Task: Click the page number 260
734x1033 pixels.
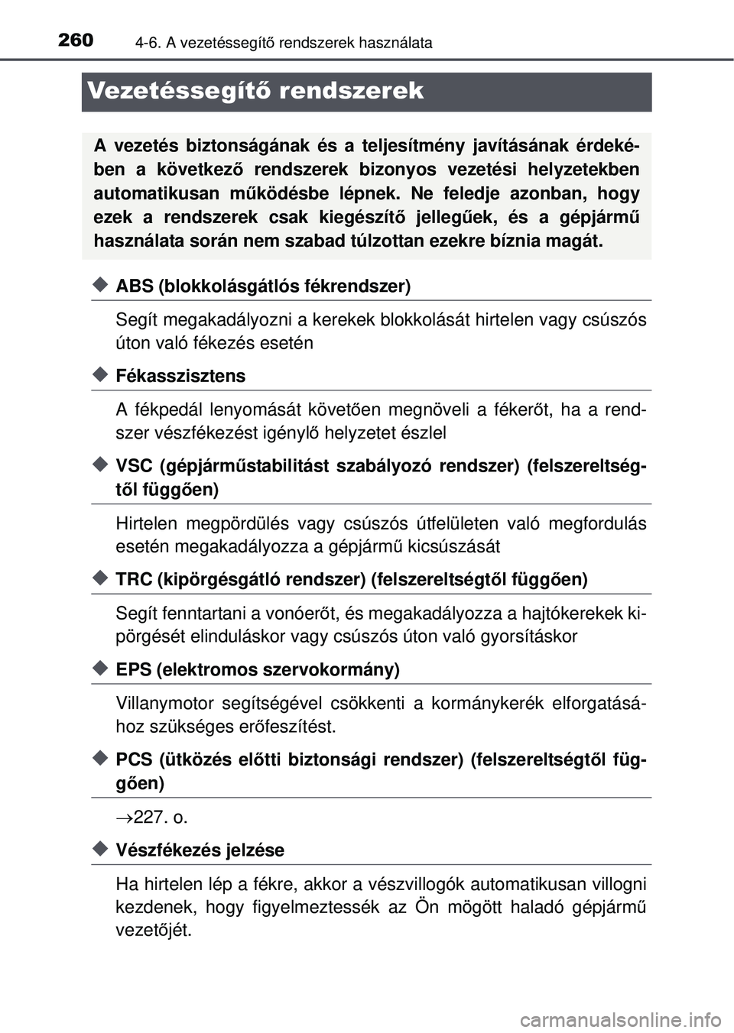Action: click(x=76, y=40)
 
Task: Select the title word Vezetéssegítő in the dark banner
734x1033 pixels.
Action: click(x=179, y=91)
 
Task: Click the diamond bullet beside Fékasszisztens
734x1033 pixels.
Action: click(x=99, y=374)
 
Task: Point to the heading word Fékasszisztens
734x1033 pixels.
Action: click(x=180, y=376)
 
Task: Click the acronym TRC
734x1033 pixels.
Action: click(x=134, y=580)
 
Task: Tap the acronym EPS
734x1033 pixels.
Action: click(x=133, y=670)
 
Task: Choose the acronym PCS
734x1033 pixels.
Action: click(x=133, y=760)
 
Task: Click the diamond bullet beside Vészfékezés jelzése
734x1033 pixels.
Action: click(x=99, y=849)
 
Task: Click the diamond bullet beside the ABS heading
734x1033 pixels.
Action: click(x=99, y=285)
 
